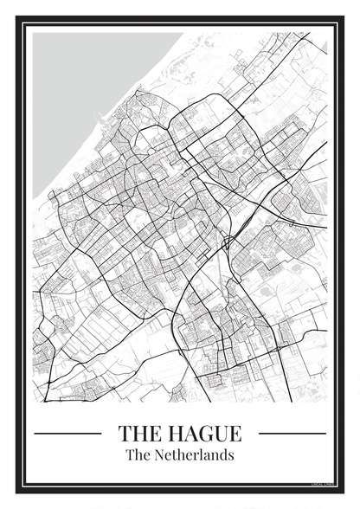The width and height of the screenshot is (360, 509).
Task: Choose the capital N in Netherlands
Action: click(x=160, y=454)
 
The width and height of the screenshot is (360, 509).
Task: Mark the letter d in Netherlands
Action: click(x=223, y=454)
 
